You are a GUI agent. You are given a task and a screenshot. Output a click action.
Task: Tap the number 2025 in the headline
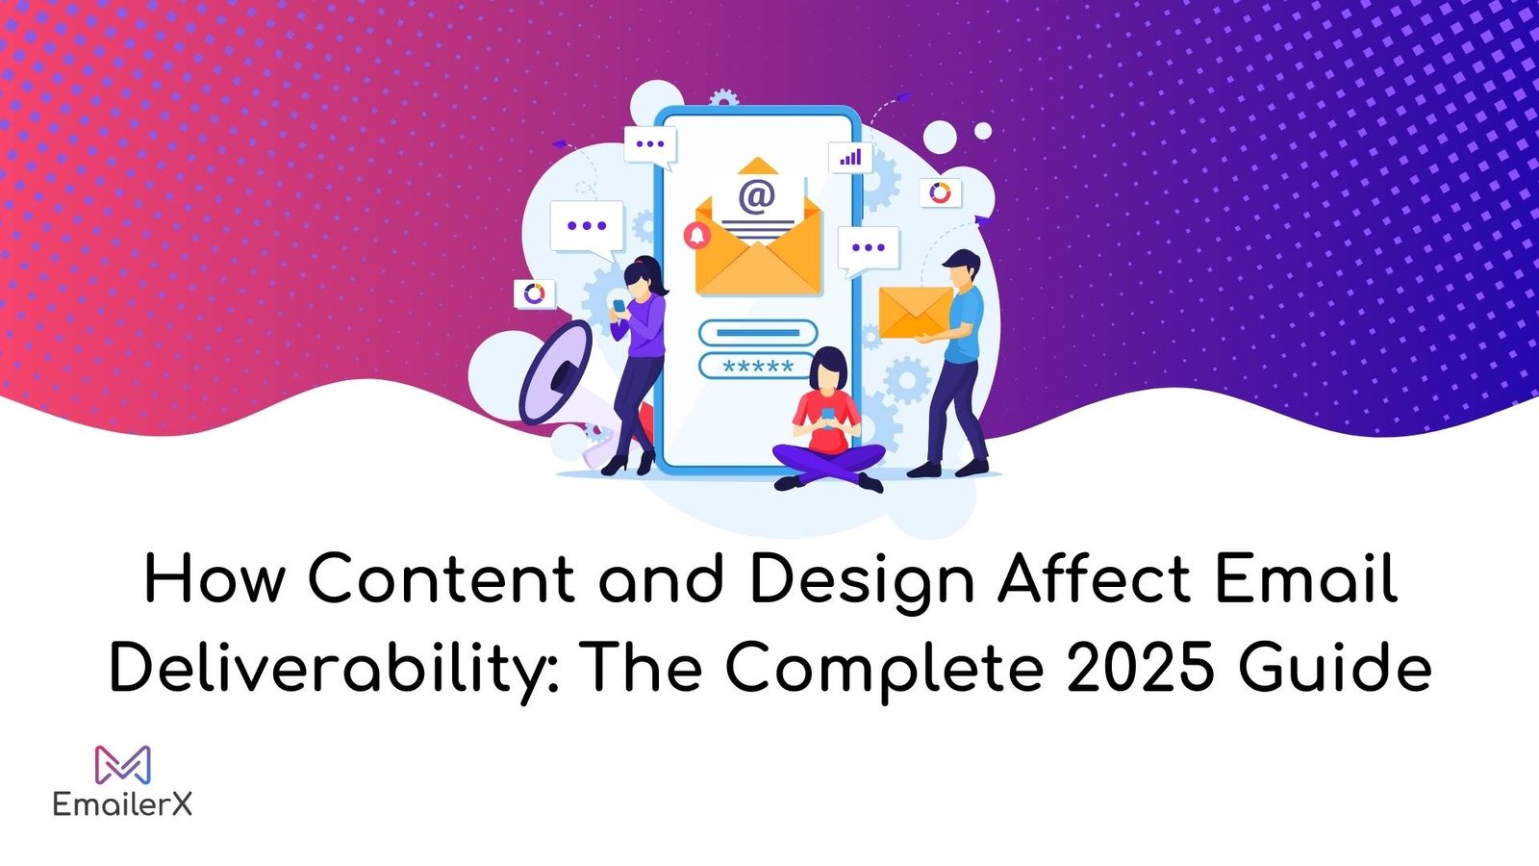[x=1141, y=665]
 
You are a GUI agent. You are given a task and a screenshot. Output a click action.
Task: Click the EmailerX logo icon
[x=123, y=764]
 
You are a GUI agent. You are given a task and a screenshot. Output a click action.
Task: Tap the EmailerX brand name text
[x=122, y=803]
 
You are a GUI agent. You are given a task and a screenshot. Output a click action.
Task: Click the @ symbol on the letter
[x=757, y=196]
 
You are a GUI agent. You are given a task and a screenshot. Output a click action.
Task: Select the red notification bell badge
[x=696, y=235]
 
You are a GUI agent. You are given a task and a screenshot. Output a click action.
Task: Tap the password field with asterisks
[x=757, y=366]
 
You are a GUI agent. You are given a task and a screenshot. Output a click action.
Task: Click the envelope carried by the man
[x=915, y=313]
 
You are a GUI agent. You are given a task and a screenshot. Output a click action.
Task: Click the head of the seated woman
[x=828, y=369]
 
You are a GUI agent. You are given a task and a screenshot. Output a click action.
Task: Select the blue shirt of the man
[x=963, y=324]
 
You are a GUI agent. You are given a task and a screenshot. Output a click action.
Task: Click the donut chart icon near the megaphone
[x=534, y=293]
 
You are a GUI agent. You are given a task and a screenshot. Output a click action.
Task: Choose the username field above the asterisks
[x=758, y=333]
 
